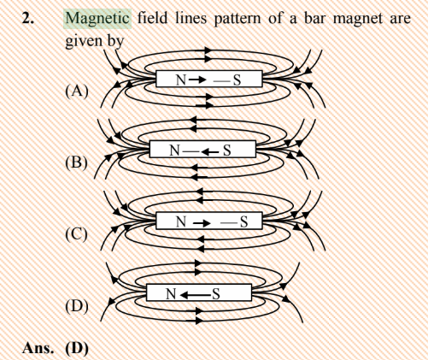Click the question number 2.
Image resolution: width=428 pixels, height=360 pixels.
click(28, 19)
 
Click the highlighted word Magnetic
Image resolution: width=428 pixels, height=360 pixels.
click(97, 19)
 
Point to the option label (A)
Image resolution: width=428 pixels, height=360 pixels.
click(77, 91)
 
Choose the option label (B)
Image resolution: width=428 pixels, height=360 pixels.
click(76, 162)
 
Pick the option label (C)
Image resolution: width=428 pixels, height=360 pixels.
click(76, 234)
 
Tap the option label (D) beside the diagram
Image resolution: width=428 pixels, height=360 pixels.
click(77, 306)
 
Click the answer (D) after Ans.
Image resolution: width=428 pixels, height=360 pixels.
click(77, 348)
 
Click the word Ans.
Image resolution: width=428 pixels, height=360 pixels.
click(38, 348)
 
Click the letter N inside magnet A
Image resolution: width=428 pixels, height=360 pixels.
click(181, 80)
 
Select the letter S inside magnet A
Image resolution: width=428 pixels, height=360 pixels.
click(237, 80)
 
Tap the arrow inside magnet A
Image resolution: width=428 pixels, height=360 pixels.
click(197, 80)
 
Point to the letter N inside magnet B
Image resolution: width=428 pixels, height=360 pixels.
click(174, 150)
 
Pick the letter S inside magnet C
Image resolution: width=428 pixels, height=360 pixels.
click(243, 221)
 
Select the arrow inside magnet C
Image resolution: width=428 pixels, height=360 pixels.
click(202, 223)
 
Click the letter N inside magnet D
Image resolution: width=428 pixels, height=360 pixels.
click(171, 294)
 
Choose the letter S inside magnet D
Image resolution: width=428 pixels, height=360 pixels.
click(216, 294)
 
